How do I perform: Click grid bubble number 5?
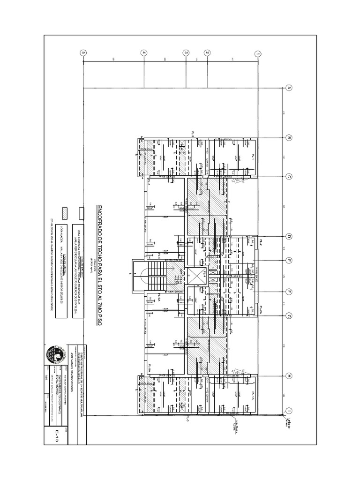pyautogui.click(x=83, y=53)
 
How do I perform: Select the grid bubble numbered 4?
pyautogui.click(x=144, y=53)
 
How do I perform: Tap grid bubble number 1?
pyautogui.click(x=257, y=54)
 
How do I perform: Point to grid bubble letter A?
pyautogui.click(x=289, y=88)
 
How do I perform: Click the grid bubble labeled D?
pyautogui.click(x=289, y=237)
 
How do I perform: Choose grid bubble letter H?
pyautogui.click(x=289, y=376)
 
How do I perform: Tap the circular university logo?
pyautogui.click(x=56, y=355)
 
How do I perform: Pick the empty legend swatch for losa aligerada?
pyautogui.click(x=81, y=211)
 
